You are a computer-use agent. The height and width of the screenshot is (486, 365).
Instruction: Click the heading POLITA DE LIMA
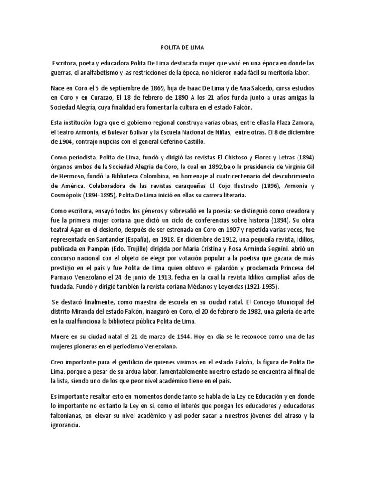182,47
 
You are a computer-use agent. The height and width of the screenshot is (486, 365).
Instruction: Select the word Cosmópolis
68,196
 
